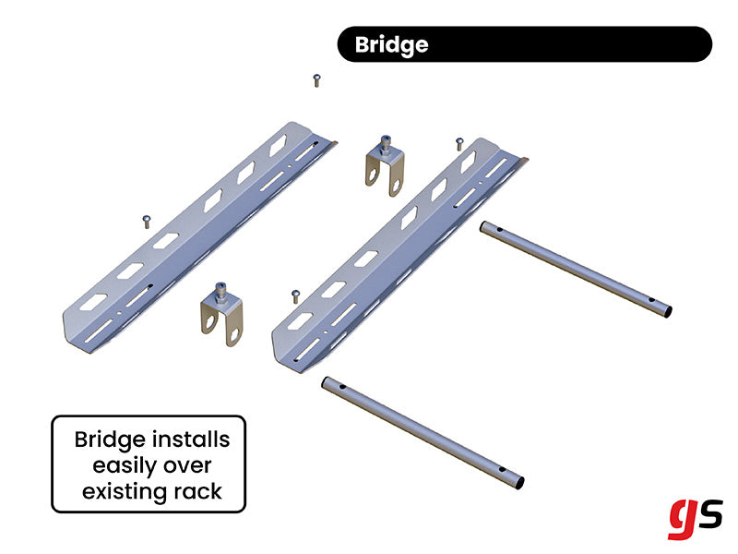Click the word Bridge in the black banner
pos(392,44)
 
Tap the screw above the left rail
pos(317,80)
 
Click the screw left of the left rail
pos(146,219)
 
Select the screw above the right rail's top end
pos(458,143)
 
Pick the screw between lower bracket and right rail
pos(294,295)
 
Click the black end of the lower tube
pos(519,482)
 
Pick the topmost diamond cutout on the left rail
pos(278,145)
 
